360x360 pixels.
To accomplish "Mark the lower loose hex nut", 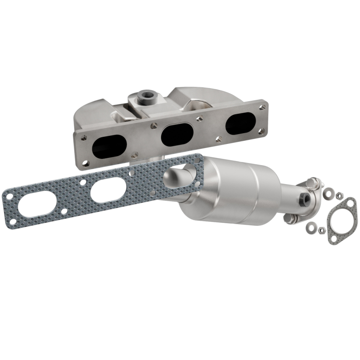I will point(321,230).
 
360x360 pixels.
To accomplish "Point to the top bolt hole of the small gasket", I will point(351,202).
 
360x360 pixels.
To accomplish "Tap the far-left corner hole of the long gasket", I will point(8,196).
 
